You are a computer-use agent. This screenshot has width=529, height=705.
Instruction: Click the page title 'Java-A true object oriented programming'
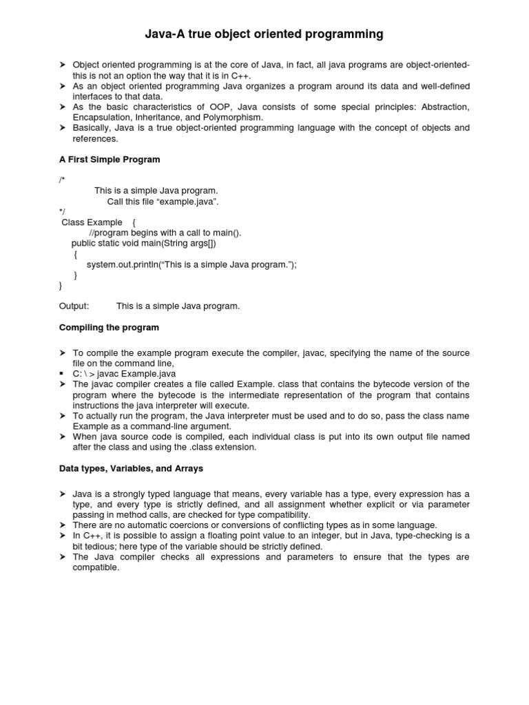264,34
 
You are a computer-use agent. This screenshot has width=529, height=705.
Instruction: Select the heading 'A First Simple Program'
110,159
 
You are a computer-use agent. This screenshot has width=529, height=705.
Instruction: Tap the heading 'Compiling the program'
109,327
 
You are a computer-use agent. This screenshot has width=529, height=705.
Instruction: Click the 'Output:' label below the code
74,306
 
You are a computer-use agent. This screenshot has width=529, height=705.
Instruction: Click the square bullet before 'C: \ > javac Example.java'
62,374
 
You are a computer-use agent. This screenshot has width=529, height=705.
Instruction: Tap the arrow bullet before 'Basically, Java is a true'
62,128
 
